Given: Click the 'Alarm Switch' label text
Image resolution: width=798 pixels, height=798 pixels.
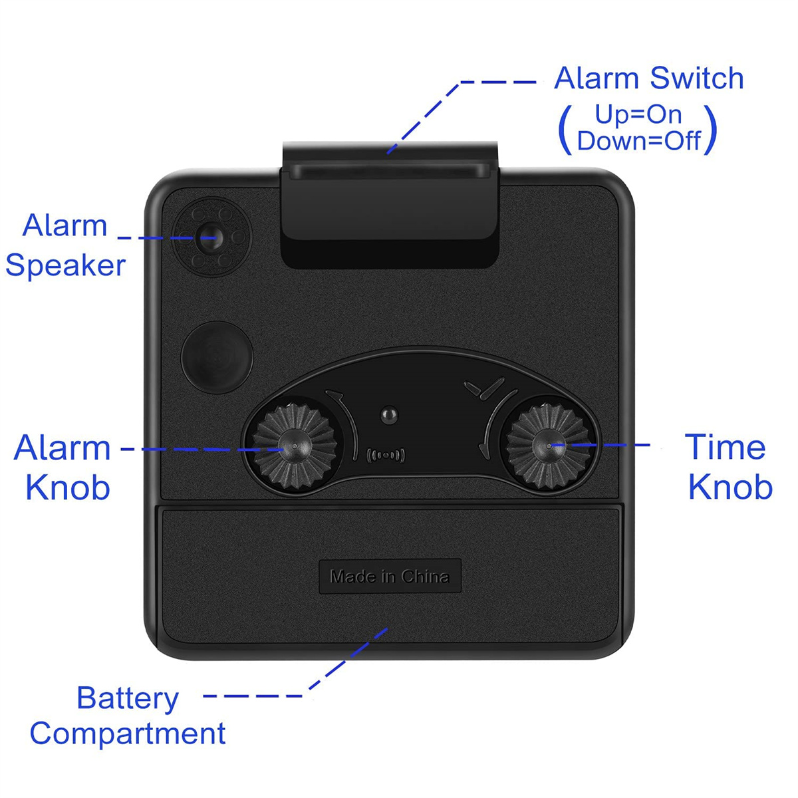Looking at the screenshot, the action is pos(648,78).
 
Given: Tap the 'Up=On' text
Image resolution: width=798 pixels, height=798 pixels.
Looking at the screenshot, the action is pos(638,114).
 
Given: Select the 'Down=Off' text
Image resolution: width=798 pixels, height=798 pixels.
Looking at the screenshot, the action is pos(638,141).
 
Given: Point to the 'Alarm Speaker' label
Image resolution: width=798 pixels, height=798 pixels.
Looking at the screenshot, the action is pos(65,245).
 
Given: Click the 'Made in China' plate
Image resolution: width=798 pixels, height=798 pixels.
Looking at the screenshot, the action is pos(390,576).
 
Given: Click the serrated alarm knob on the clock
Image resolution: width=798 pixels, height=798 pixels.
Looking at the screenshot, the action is pos(294,446).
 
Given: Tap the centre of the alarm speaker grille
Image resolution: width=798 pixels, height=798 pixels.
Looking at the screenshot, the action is pos(211,237).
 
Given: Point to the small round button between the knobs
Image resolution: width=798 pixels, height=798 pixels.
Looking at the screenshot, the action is pos(389,414).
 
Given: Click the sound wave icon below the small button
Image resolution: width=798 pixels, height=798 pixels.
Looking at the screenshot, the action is pos(386,455).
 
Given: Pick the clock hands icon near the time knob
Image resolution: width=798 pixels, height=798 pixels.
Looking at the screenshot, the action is pos(485,387).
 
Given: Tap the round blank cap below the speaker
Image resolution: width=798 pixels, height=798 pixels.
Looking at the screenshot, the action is pos(217,357).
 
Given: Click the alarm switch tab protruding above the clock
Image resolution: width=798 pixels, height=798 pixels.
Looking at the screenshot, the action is pos(390,205).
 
